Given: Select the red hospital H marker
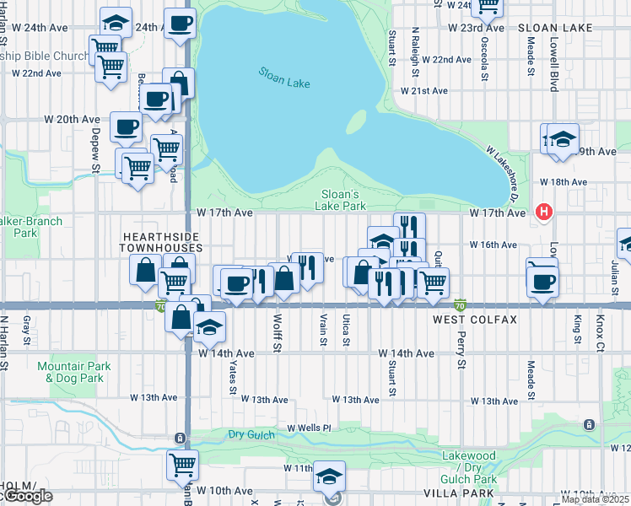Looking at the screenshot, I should [x=545, y=213].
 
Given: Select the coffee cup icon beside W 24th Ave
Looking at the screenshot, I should [x=179, y=22].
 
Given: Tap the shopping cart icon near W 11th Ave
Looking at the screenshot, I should [x=182, y=463].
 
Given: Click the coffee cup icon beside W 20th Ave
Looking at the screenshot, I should [x=126, y=126].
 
